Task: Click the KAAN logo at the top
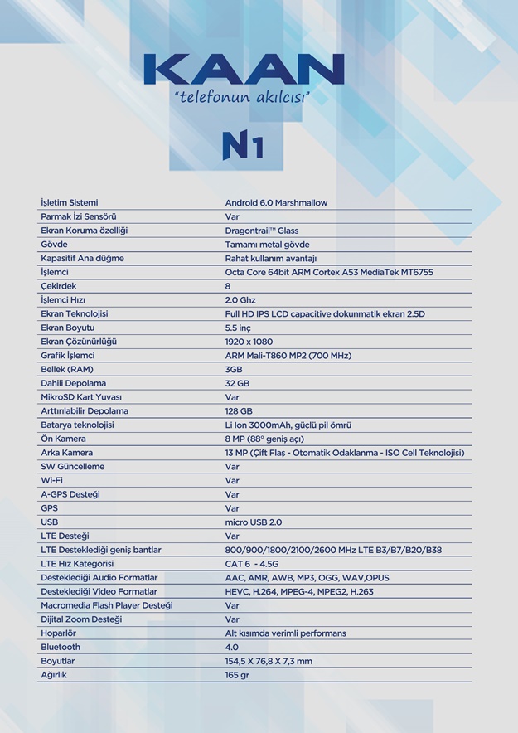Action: (244, 68)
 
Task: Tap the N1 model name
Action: (242, 144)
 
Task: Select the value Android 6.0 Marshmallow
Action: (276, 202)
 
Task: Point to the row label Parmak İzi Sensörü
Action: (79, 216)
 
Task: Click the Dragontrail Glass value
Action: (262, 231)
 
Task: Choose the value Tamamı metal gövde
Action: (267, 245)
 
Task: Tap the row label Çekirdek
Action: (59, 286)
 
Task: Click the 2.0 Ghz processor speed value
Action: (240, 300)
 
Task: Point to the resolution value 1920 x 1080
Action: (249, 342)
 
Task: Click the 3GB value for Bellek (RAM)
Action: (234, 369)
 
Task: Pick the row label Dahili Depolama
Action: (74, 383)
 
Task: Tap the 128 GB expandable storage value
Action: (239, 411)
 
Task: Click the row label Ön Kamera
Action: (63, 439)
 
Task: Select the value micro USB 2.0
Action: (254, 522)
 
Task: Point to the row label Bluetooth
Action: (61, 647)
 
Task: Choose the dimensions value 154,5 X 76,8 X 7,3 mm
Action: (269, 661)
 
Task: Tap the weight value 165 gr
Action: (237, 675)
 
